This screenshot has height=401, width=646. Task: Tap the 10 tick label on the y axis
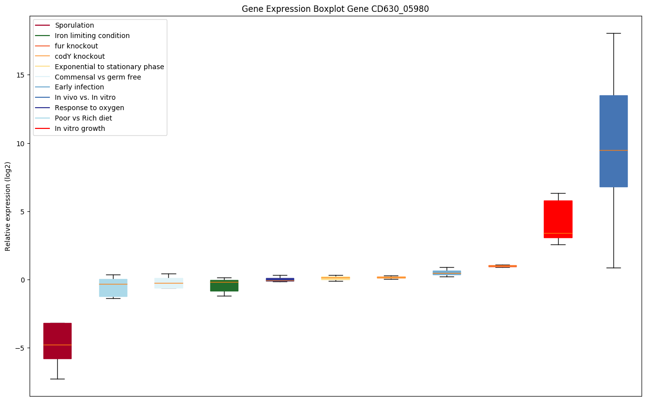tap(20, 143)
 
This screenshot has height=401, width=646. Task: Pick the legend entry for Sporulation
tap(75, 25)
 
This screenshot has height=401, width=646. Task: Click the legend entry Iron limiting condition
tap(92, 36)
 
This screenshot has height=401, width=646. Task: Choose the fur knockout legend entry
tap(76, 46)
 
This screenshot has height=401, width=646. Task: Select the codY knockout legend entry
tap(80, 56)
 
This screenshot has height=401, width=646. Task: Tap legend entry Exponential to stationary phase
tap(110, 67)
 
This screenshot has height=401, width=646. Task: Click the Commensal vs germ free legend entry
tap(98, 77)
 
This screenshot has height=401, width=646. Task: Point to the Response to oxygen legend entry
tap(89, 108)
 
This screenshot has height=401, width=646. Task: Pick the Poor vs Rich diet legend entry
tap(83, 118)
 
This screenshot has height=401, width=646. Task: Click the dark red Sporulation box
tap(57, 341)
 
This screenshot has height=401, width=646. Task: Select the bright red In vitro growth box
tap(558, 219)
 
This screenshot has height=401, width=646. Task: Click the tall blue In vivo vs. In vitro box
tap(613, 141)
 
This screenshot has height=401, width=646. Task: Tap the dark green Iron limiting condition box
tap(224, 285)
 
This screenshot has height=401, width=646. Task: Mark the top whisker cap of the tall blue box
tap(613, 33)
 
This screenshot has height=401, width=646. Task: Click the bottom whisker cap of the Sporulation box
tap(57, 379)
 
